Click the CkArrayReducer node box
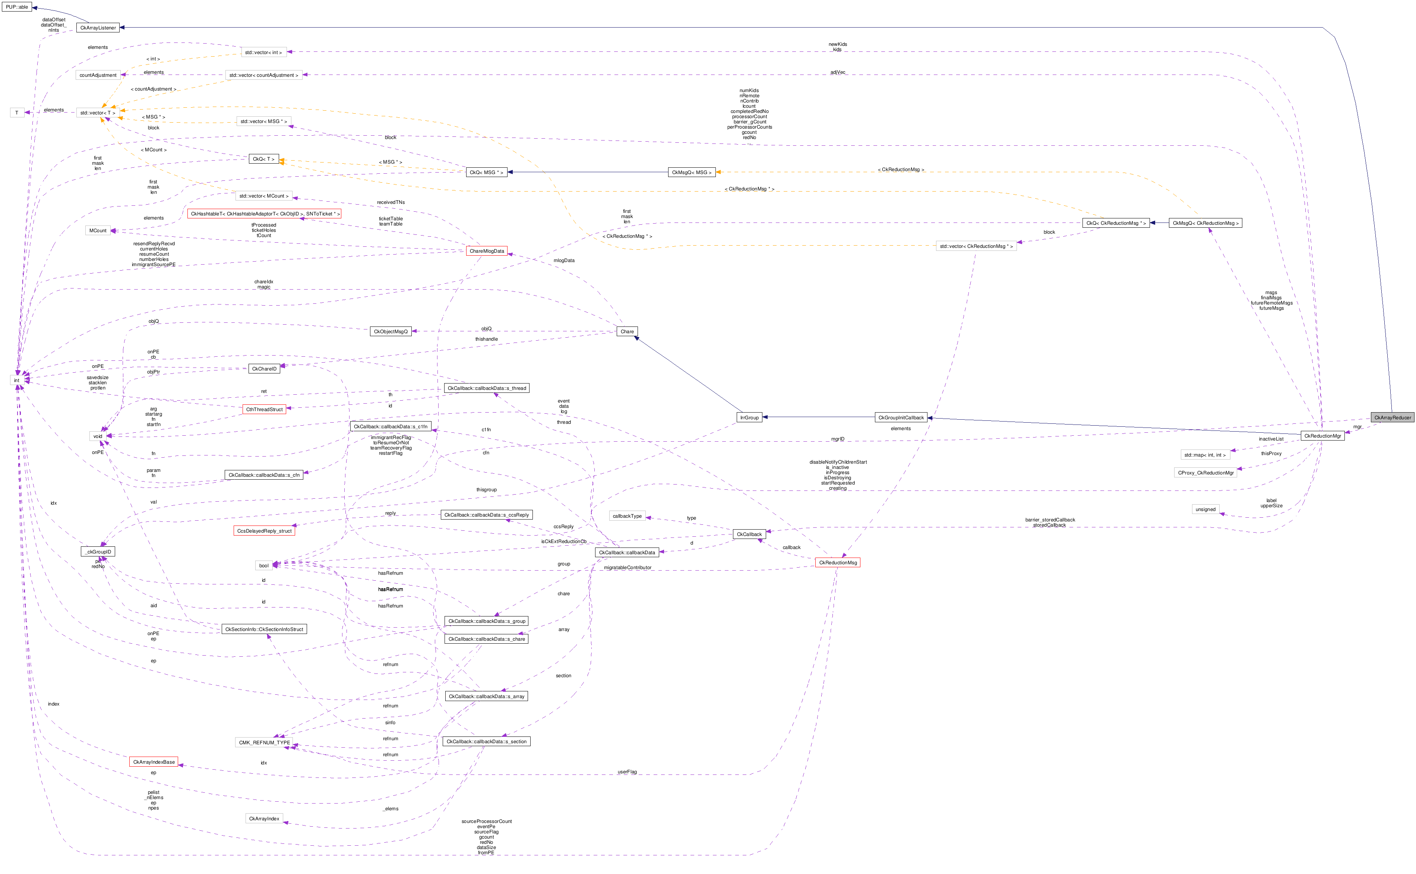pyautogui.click(x=1392, y=417)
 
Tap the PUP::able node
pyautogui.click(x=17, y=7)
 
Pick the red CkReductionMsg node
pyautogui.click(x=837, y=562)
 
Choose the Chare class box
pyautogui.click(x=627, y=331)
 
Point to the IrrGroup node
pyautogui.click(x=749, y=417)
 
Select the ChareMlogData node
pyautogui.click(x=487, y=251)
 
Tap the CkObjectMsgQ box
pyautogui.click(x=390, y=331)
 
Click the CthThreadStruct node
pyautogui.click(x=264, y=409)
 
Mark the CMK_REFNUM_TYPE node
pyautogui.click(x=264, y=742)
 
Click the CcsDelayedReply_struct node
pyautogui.click(x=264, y=531)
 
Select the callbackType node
pyautogui.click(x=627, y=515)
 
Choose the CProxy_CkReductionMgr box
pyautogui.click(x=1205, y=473)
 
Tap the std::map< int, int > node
pyautogui.click(x=1204, y=455)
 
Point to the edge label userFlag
pyautogui.click(x=627, y=772)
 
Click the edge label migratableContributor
pyautogui.click(x=627, y=568)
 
